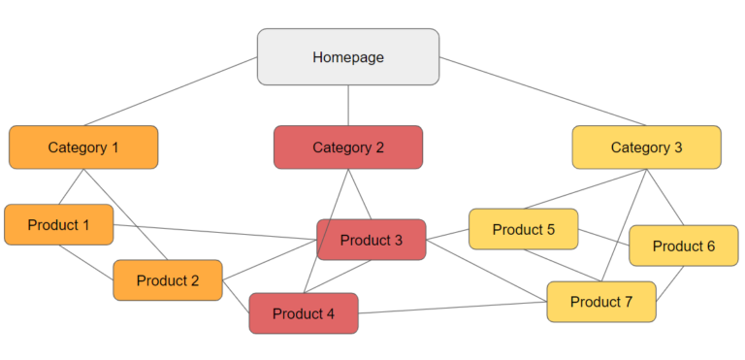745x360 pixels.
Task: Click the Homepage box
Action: tap(347, 56)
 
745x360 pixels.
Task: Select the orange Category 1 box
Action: tap(83, 147)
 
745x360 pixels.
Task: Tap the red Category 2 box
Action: tap(348, 147)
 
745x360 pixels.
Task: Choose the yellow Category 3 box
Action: tap(646, 147)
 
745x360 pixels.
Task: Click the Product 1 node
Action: tap(58, 224)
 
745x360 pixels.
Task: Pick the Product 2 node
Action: tap(167, 280)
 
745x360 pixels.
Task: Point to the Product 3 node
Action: tap(371, 240)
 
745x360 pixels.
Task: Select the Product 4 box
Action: tap(303, 313)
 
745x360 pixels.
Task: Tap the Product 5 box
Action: tap(523, 230)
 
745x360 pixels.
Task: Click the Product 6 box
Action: tap(683, 245)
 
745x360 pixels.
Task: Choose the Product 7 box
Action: tap(600, 302)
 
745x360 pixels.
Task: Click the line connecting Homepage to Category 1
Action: tap(170, 91)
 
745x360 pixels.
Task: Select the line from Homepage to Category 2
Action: tap(348, 105)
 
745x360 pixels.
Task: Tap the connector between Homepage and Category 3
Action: tap(543, 91)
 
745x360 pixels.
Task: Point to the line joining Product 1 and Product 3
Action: tap(213, 231)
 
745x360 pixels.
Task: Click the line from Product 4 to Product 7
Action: tap(452, 308)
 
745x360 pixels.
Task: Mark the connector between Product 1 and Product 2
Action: tap(85, 261)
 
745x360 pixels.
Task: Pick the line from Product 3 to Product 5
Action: tap(447, 234)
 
